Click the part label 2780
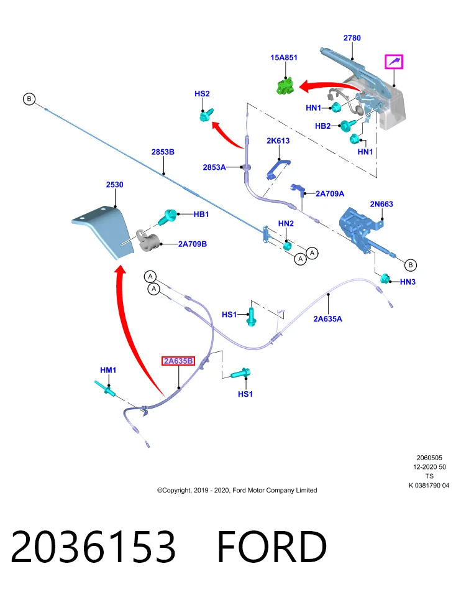click(352, 38)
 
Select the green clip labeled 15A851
click(285, 85)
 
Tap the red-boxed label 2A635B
click(178, 361)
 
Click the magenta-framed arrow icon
click(394, 62)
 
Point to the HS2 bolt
click(206, 114)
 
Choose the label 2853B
click(163, 152)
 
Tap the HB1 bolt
click(166, 217)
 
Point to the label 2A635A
click(327, 318)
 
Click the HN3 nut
click(385, 279)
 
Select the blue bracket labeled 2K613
click(278, 168)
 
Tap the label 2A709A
click(330, 194)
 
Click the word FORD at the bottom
click(271, 547)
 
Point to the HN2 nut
click(288, 246)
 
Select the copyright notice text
click(237, 490)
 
